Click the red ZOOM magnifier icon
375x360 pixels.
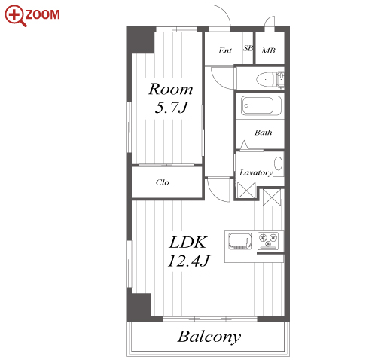(15, 15)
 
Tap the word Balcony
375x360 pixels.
(209, 337)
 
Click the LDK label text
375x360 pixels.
(187, 243)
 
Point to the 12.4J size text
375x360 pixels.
(188, 261)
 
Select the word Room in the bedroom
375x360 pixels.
(171, 89)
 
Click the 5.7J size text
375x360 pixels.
(171, 108)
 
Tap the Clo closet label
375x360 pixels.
(162, 182)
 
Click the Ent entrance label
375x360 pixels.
(225, 50)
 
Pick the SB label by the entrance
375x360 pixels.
(248, 48)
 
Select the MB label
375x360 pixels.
(268, 50)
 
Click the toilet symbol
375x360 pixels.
(270, 80)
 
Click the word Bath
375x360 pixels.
(263, 133)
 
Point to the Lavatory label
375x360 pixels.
(256, 172)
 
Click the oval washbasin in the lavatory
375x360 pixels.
(278, 163)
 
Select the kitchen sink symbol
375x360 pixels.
(240, 241)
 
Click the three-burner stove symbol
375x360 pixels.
(268, 241)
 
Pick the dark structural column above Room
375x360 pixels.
(140, 40)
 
